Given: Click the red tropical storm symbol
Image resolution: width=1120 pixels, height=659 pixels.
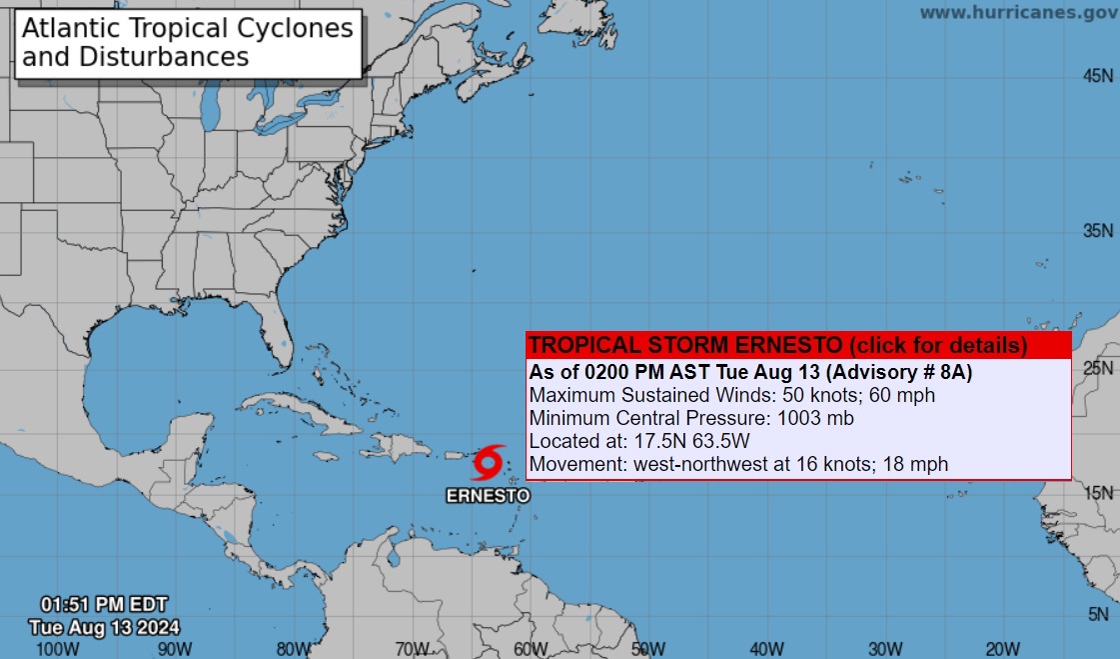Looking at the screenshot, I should tap(487, 463).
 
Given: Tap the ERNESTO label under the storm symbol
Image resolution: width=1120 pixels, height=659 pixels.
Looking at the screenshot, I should tap(487, 495).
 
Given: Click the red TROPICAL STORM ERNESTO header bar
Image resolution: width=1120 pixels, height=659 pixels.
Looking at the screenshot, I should tap(777, 346).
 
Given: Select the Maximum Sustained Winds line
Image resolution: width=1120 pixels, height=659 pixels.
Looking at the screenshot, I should tap(731, 395).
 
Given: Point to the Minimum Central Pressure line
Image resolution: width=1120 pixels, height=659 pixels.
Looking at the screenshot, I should tap(691, 418).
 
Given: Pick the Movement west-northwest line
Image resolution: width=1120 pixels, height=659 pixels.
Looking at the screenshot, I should tap(737, 464).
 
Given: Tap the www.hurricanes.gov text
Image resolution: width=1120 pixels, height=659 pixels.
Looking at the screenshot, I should tap(1018, 13).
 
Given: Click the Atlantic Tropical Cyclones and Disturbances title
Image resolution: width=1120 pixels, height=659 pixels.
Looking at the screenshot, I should tap(188, 42).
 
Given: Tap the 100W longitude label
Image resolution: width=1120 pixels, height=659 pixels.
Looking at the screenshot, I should tap(56, 648).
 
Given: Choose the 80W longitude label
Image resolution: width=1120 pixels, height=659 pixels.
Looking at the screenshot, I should tap(293, 648).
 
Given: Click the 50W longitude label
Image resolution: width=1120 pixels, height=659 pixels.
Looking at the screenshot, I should tap(647, 648).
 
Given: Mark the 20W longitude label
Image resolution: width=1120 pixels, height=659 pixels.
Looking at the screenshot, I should tap(1002, 648).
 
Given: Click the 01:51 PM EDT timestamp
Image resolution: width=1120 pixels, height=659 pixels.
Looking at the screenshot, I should tap(104, 605).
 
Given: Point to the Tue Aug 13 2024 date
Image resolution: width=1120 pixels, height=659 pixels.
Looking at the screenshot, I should tap(104, 627).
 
